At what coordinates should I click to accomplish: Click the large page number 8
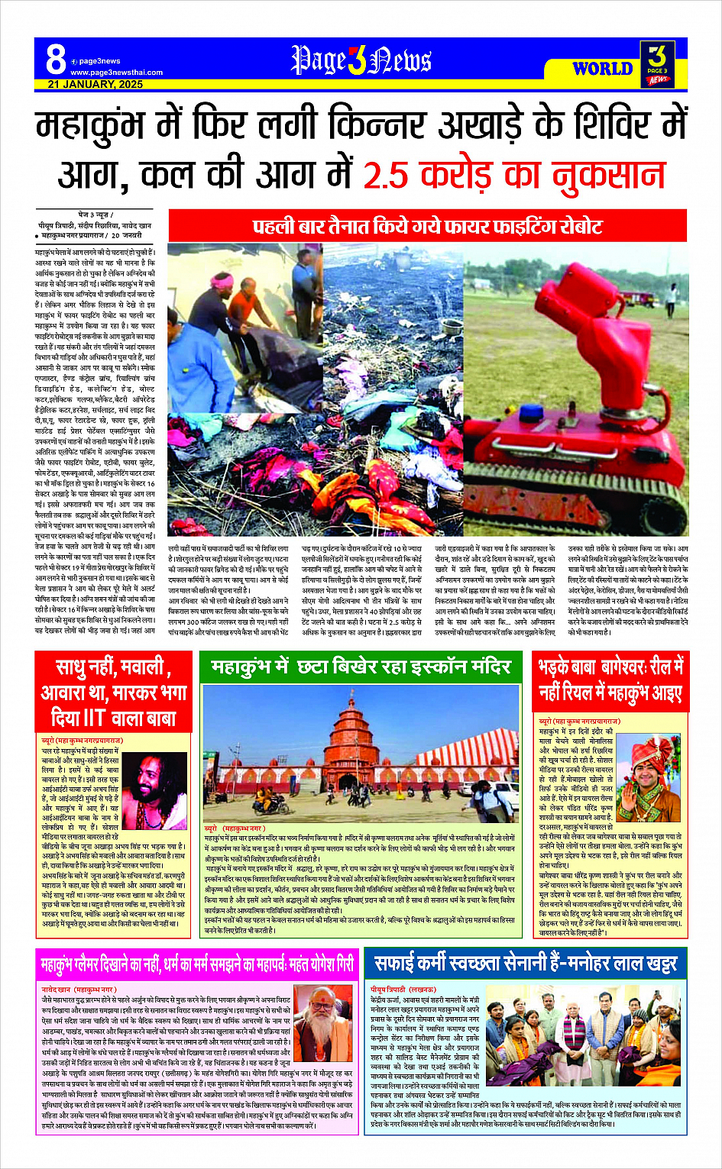tap(55, 58)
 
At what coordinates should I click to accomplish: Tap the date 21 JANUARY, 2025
tap(95, 84)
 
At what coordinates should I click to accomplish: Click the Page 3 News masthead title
tap(361, 60)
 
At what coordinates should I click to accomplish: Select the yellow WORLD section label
tap(602, 69)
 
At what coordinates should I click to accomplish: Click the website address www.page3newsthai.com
tap(116, 73)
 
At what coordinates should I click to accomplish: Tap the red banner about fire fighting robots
tap(427, 227)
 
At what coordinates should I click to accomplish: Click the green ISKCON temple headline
tap(361, 667)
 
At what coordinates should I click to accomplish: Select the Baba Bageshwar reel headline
tap(610, 680)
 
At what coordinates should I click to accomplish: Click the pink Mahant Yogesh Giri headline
tap(197, 964)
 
